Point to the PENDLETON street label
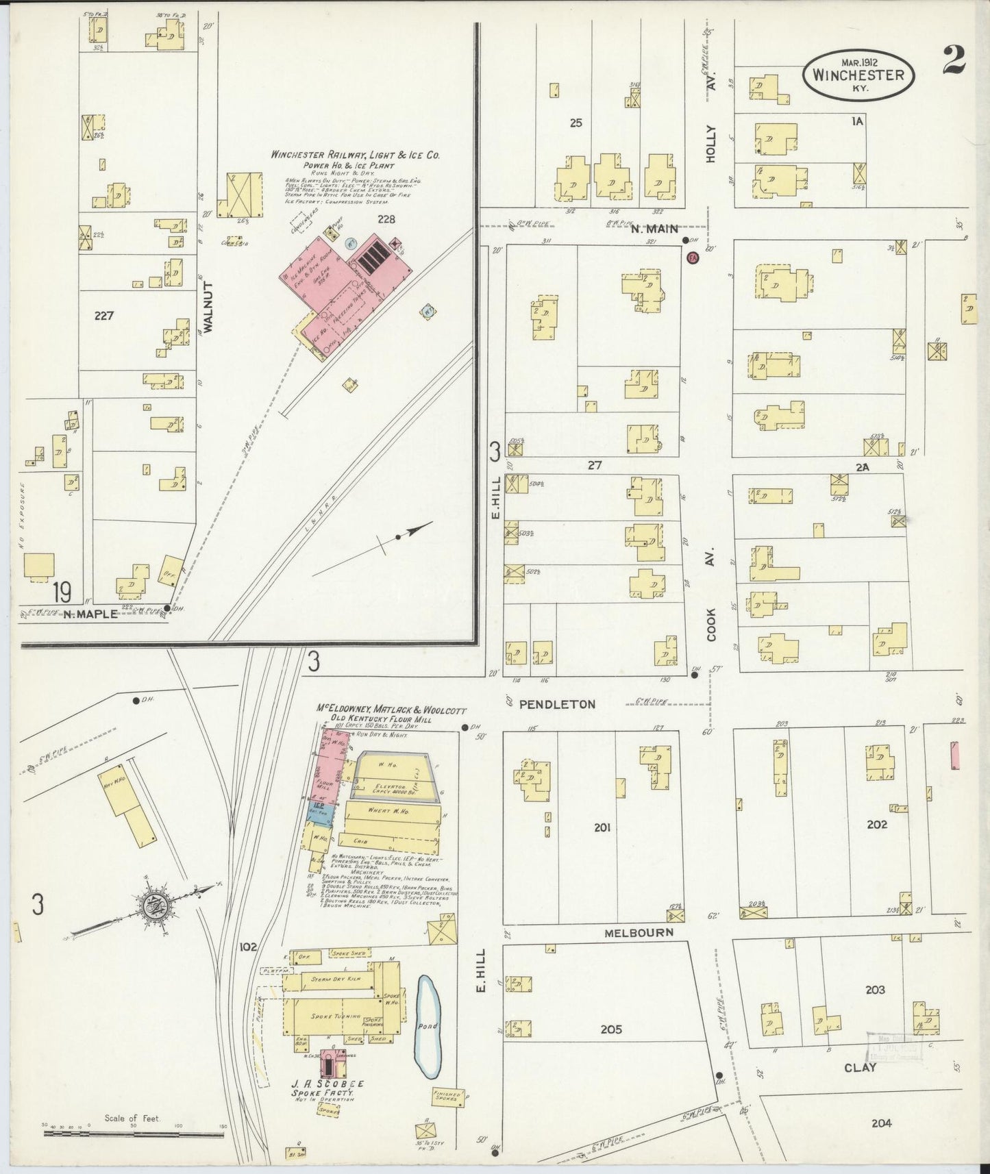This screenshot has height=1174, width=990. [x=566, y=703]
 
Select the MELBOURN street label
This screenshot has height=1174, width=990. [x=639, y=932]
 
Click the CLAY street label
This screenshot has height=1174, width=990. [x=860, y=1067]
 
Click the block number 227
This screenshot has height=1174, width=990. [x=104, y=316]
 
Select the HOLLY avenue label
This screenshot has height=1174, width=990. [x=710, y=143]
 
